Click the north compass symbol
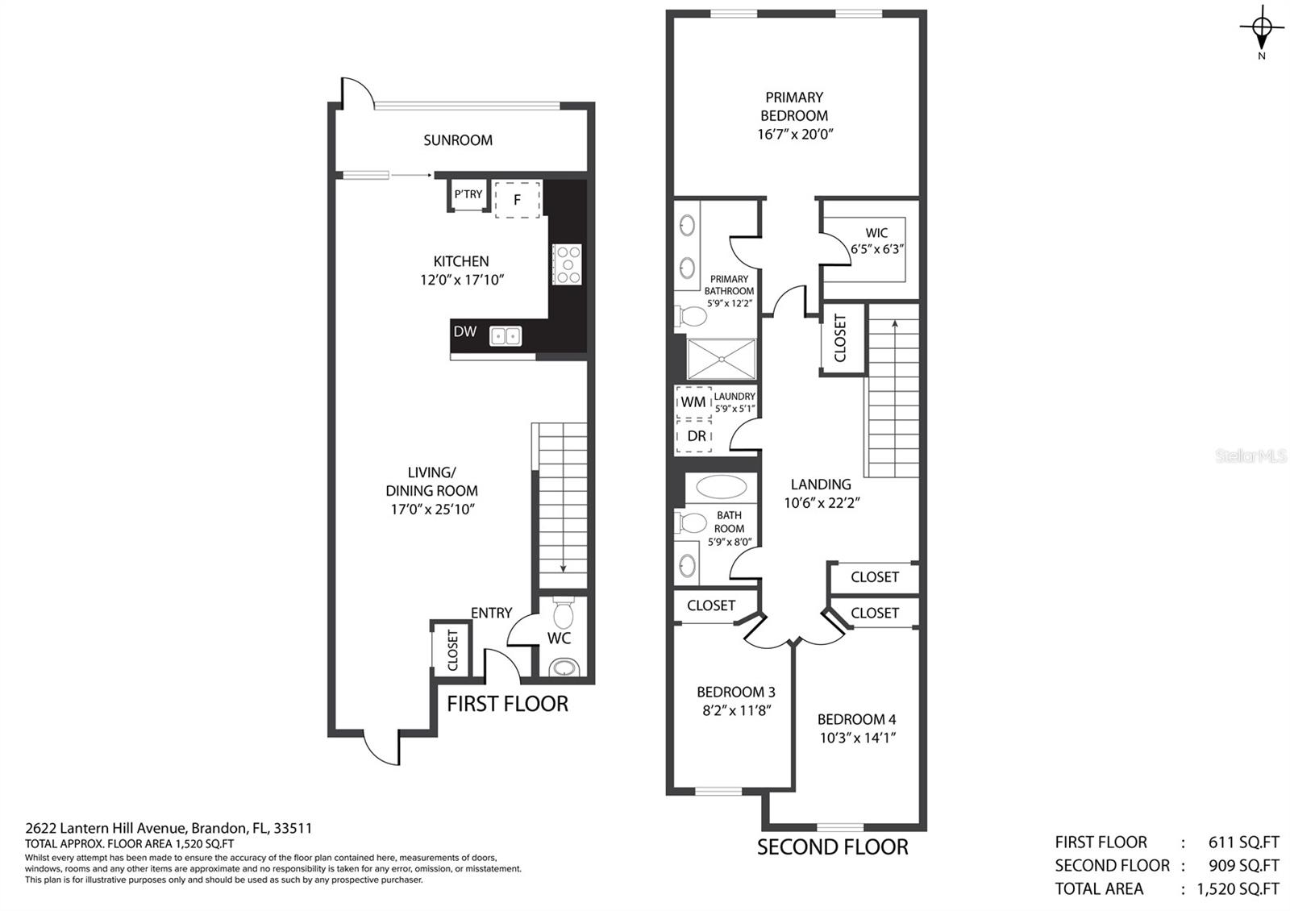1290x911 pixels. pyautogui.click(x=1262, y=29)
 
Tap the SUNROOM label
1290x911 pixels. pyautogui.click(x=457, y=140)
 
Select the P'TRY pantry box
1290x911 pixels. pyautogui.click(x=468, y=194)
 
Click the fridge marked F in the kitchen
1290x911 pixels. pyautogui.click(x=517, y=199)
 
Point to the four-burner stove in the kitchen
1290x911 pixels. pyautogui.click(x=567, y=264)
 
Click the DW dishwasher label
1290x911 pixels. pyautogui.click(x=464, y=331)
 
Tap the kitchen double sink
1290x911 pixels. pyautogui.click(x=506, y=335)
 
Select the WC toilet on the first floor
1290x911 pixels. pyautogui.click(x=564, y=614)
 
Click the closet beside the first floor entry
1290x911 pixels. pyautogui.click(x=451, y=650)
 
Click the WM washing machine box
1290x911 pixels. pyautogui.click(x=693, y=401)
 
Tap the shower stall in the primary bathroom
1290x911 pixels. pyautogui.click(x=721, y=359)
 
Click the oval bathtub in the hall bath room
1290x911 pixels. pyautogui.click(x=721, y=486)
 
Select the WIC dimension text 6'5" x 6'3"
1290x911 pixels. pyautogui.click(x=876, y=249)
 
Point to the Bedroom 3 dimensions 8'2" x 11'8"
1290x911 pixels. pyautogui.click(x=735, y=710)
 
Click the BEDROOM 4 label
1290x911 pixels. pyautogui.click(x=856, y=719)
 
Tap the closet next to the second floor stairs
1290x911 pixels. pyautogui.click(x=840, y=338)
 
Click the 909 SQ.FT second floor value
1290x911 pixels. pyautogui.click(x=1243, y=865)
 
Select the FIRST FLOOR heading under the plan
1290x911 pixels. pyautogui.click(x=507, y=704)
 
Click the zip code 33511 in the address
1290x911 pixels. pyautogui.click(x=293, y=828)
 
